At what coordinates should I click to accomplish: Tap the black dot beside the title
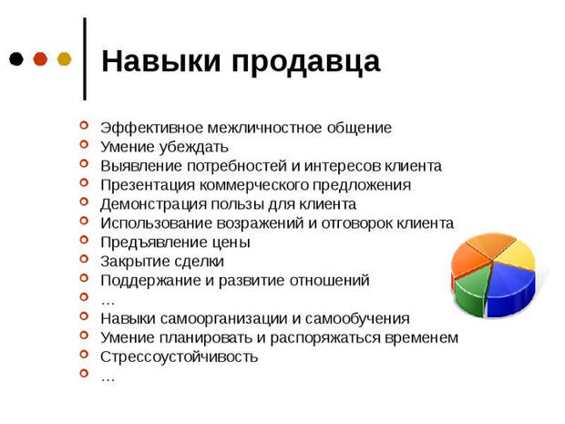tap(16, 59)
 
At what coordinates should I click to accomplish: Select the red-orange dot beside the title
tap(40, 59)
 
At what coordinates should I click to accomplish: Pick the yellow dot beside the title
tap(64, 59)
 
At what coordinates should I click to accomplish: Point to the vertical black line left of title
tap(85, 57)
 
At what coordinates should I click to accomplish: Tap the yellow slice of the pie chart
tap(517, 253)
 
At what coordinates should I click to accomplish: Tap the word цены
tap(231, 243)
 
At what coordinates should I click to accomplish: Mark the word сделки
tap(195, 262)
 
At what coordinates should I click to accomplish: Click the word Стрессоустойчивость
tap(179, 357)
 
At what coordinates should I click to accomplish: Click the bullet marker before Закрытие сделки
tap(85, 261)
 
